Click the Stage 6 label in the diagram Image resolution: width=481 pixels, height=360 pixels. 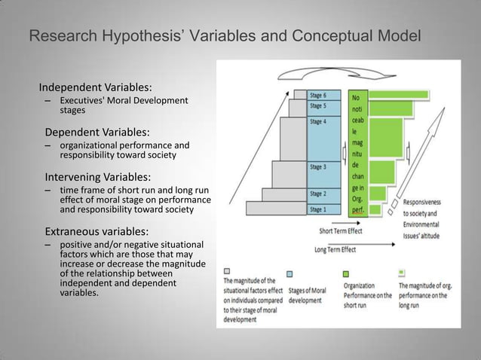(x=318, y=96)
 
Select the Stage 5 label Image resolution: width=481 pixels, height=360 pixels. (x=318, y=105)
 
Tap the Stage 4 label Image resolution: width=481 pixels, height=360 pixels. (x=318, y=121)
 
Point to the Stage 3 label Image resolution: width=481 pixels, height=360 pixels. (x=318, y=166)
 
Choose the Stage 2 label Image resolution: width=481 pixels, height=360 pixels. (x=318, y=194)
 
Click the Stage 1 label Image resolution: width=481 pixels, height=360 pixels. (x=318, y=209)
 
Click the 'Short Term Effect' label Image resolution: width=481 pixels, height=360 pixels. (x=340, y=231)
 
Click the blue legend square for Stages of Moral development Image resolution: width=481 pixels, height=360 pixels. (x=290, y=274)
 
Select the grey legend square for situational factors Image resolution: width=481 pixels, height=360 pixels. (x=227, y=271)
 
